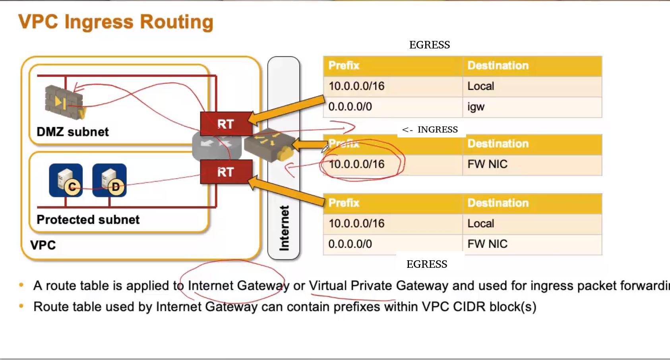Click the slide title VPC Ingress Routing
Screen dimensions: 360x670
tap(116, 22)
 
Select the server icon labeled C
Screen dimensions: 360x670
tap(66, 180)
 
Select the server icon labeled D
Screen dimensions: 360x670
tap(110, 180)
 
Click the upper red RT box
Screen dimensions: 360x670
tap(226, 124)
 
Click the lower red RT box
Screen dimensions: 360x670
tap(226, 172)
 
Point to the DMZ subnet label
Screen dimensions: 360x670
tap(72, 132)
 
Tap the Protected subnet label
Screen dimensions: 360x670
tap(88, 220)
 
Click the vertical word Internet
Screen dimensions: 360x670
tap(284, 228)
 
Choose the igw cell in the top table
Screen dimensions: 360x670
tap(476, 107)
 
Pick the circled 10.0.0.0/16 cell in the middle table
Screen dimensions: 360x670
tap(356, 164)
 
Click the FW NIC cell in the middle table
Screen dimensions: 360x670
tap(487, 164)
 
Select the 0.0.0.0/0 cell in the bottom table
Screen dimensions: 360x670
tap(350, 244)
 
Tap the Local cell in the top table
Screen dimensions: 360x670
tap(481, 86)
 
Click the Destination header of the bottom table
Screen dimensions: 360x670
tap(498, 203)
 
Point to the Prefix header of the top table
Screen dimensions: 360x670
tap(344, 66)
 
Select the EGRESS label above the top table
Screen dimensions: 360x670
tap(430, 45)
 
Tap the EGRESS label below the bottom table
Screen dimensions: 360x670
tap(427, 264)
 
